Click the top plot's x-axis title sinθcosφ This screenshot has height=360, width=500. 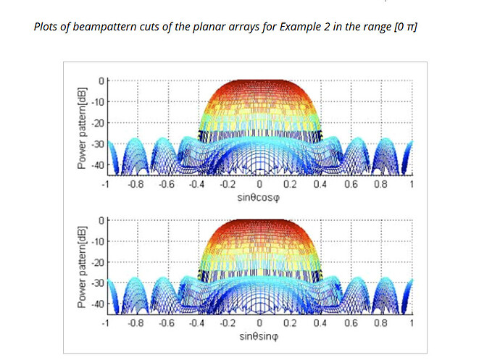click(259, 196)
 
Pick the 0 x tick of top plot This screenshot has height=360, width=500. click(259, 185)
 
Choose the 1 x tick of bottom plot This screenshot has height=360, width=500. click(412, 324)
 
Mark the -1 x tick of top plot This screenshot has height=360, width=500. click(107, 185)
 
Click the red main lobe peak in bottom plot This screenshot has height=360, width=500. click(259, 222)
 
